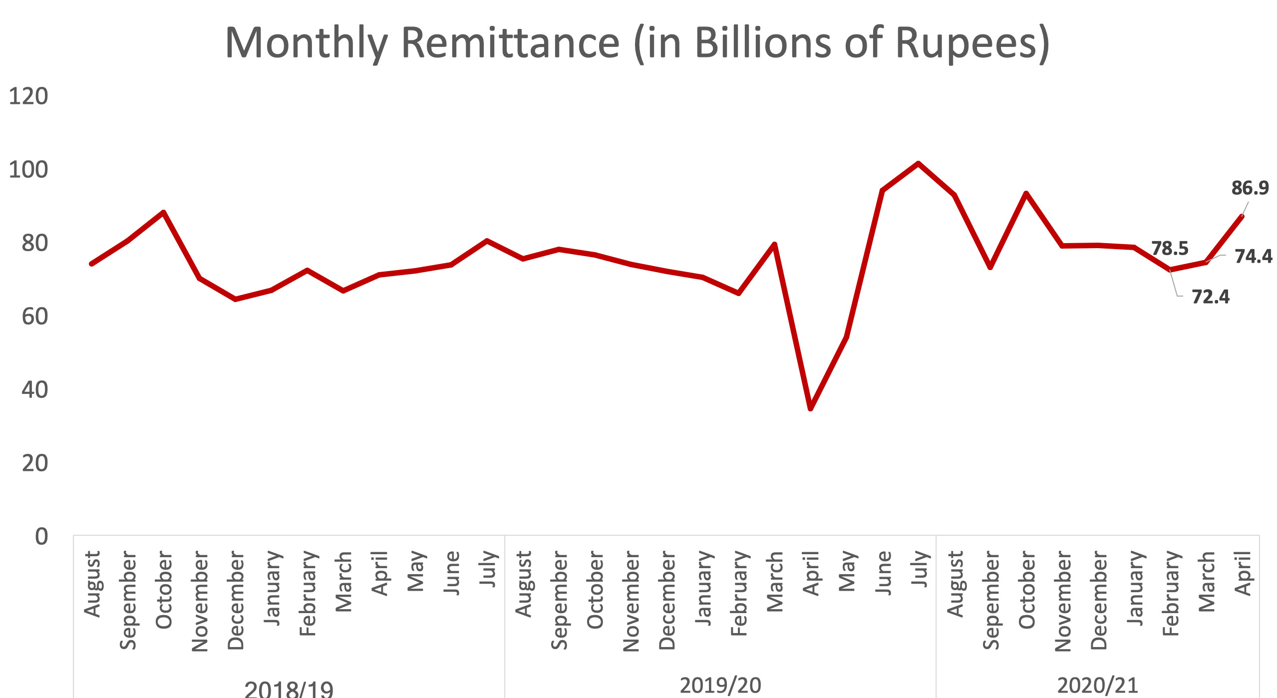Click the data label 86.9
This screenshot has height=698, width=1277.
point(1250,188)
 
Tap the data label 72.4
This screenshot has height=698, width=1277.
point(1210,297)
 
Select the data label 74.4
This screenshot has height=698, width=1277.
point(1253,257)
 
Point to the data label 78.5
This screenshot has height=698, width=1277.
point(1170,248)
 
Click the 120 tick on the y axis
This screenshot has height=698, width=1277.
point(28,96)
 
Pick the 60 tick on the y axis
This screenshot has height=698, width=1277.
point(34,317)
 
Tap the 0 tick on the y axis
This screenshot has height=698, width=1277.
point(41,537)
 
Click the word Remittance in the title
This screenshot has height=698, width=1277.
point(510,43)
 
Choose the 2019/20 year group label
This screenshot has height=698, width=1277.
point(720,686)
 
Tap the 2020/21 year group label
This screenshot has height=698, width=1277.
point(1097,686)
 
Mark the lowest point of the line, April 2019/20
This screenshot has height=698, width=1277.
point(810,408)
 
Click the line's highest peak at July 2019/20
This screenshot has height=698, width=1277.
point(918,163)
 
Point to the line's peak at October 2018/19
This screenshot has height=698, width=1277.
point(163,212)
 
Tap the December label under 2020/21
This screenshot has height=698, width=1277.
point(1098,600)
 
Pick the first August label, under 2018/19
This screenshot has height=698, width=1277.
point(92,584)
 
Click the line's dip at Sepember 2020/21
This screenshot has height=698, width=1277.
point(990,268)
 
